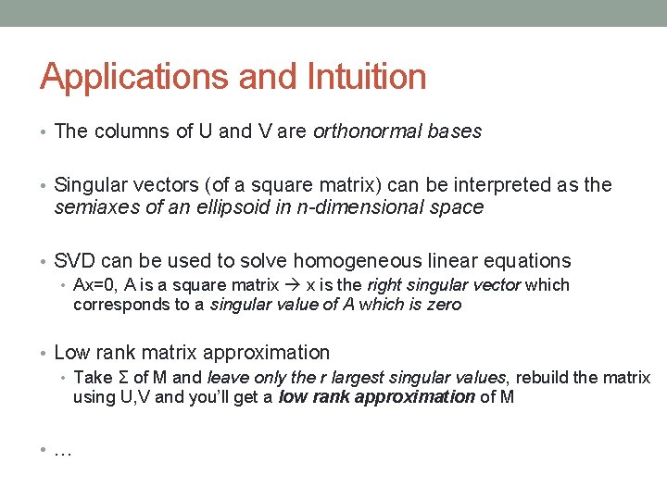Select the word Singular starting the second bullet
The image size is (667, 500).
[92, 185]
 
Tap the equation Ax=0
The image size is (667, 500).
[94, 285]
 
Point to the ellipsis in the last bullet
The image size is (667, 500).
[63, 452]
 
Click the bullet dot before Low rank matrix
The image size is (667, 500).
[44, 353]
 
